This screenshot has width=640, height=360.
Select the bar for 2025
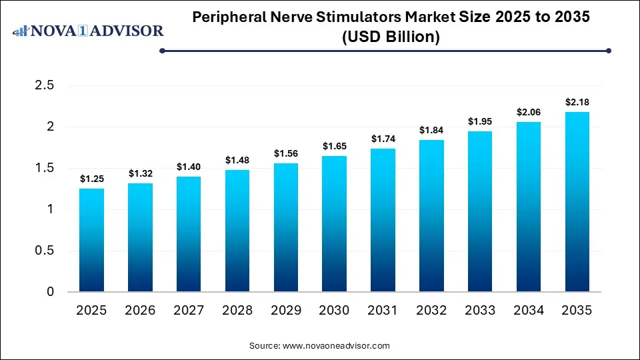coord(91,240)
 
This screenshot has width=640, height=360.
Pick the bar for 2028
coord(237,231)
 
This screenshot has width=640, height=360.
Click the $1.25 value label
coord(91,179)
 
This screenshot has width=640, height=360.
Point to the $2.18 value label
coord(577,102)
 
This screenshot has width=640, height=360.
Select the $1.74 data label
coord(383,139)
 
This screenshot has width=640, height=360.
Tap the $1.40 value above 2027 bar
coord(189,167)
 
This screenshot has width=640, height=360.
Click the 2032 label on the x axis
coord(431,310)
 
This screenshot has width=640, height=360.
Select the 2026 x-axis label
coord(140,310)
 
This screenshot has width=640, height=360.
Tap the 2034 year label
coord(529,310)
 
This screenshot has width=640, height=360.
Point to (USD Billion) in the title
coord(391,37)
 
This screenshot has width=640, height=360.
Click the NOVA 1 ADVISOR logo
coord(89,31)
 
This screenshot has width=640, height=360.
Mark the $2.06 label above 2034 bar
coord(529,112)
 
